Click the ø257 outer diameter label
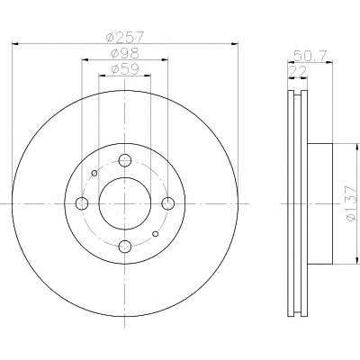point(126,37)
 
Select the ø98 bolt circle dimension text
point(125,53)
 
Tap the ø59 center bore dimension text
point(125,69)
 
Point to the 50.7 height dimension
point(310,56)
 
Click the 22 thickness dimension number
point(298,71)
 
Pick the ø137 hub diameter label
point(350,203)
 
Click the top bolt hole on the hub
point(125,160)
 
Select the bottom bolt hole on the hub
point(125,247)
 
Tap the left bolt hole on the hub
point(82,203)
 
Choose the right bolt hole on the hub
point(167,203)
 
